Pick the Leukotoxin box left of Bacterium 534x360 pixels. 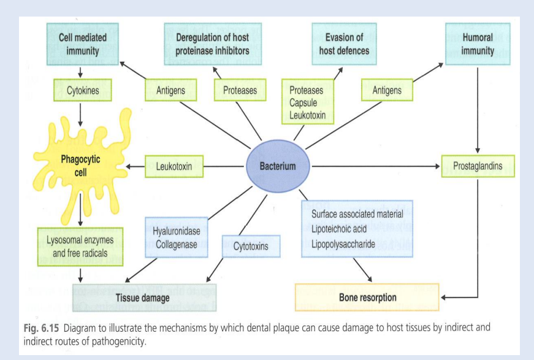tap(174, 166)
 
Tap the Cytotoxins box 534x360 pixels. tap(251, 247)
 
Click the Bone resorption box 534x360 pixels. tap(367, 297)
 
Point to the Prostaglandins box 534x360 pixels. tap(478, 166)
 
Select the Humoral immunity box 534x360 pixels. tap(478, 44)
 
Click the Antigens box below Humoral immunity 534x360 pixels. tap(387, 91)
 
